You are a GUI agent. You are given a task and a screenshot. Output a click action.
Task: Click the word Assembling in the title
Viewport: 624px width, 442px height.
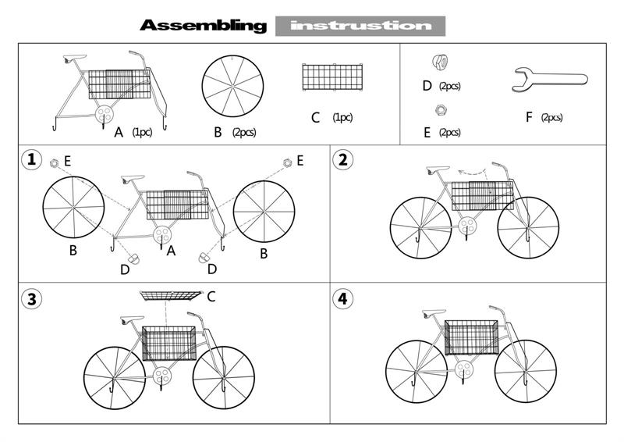[203, 26]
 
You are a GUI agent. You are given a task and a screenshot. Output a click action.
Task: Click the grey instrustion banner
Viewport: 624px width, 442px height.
[360, 26]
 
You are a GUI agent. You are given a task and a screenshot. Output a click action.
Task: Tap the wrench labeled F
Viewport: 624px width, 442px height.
[549, 80]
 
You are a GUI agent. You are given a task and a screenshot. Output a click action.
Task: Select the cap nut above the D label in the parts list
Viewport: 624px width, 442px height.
[440, 61]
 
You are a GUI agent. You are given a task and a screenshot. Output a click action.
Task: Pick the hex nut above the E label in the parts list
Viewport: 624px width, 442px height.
[440, 109]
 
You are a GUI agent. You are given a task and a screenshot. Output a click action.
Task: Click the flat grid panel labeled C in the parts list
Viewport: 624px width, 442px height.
[332, 77]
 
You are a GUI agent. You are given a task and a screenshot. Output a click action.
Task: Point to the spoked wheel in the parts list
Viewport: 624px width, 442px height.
[232, 86]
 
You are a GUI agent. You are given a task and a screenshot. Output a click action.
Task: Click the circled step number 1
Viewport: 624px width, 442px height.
[31, 160]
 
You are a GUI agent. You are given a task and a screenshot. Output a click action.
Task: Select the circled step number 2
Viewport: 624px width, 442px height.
[342, 160]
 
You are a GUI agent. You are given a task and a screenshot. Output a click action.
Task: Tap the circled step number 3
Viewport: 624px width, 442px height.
[31, 299]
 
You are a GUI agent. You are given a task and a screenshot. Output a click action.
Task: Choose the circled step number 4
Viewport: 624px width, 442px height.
[342, 299]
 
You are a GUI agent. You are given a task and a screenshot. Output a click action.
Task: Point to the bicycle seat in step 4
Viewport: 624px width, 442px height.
[434, 313]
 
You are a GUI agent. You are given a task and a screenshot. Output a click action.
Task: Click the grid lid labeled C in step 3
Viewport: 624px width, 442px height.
[170, 296]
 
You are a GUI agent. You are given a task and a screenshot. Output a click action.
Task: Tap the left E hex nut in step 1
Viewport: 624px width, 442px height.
[54, 162]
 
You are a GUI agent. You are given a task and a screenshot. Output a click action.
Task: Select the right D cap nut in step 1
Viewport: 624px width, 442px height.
[204, 258]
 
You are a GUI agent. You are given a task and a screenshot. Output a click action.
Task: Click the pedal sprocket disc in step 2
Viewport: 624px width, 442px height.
[467, 226]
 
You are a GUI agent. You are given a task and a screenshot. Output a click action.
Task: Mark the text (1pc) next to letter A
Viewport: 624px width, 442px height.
[142, 132]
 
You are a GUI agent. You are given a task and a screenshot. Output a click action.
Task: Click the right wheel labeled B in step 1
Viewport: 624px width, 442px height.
[264, 212]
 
